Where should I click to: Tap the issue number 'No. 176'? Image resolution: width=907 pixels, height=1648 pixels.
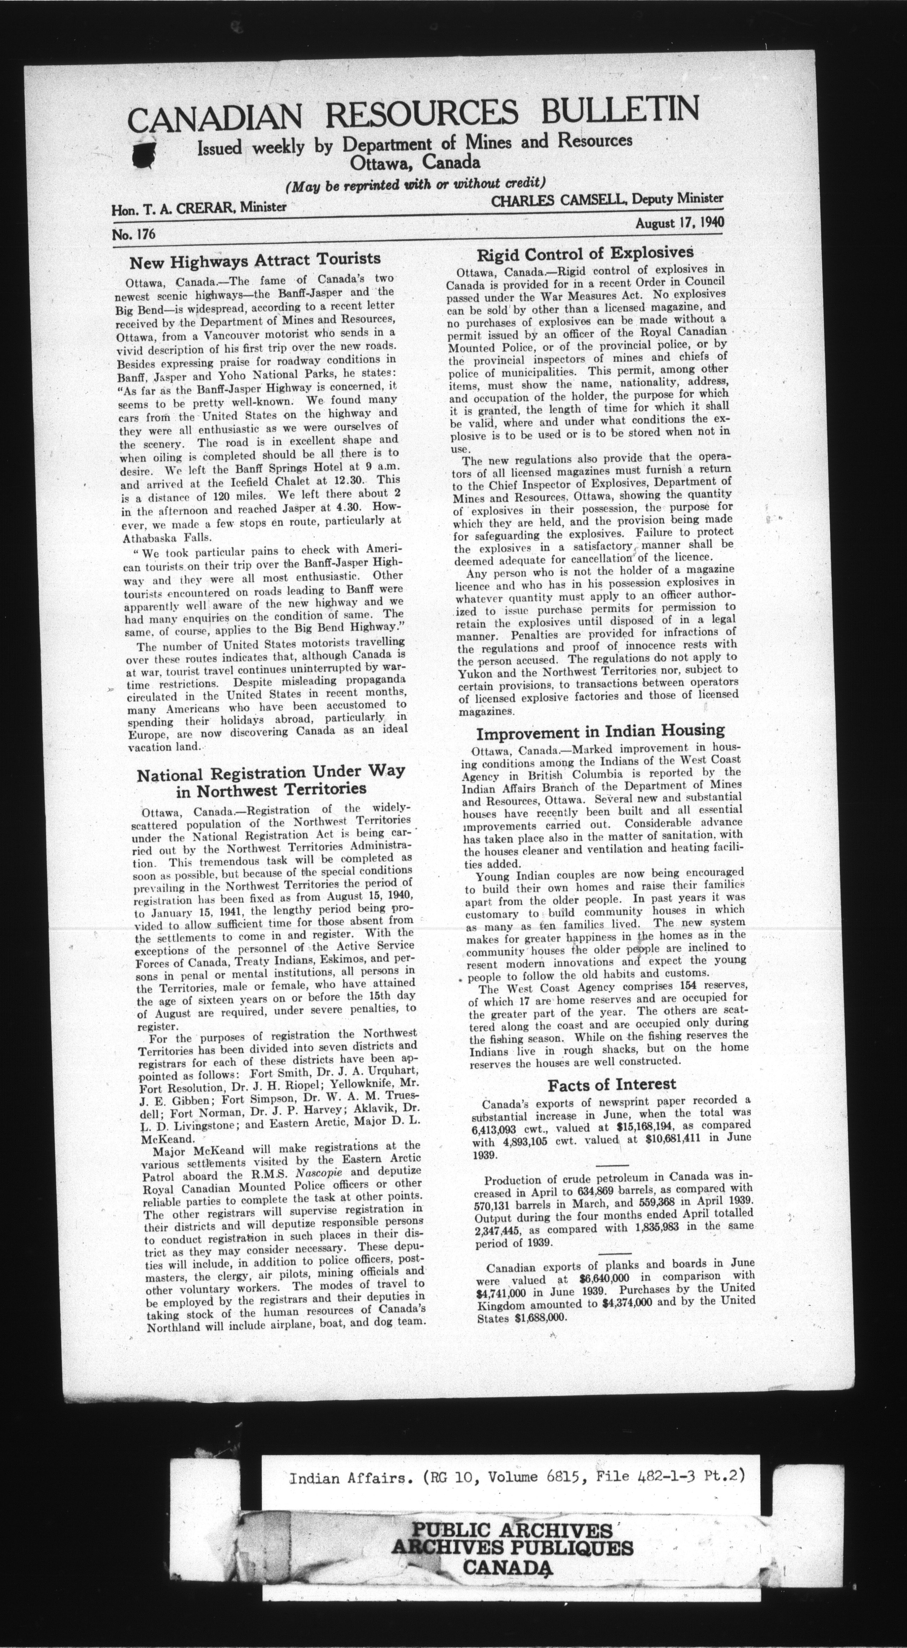coord(134,234)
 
